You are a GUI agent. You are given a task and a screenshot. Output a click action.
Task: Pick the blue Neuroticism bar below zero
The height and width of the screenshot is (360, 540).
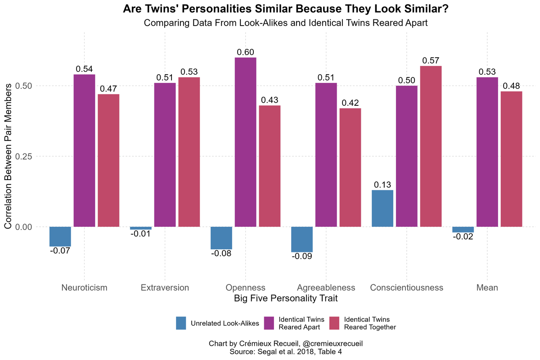click(x=60, y=236)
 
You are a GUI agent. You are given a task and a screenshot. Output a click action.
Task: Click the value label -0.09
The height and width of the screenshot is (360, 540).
click(x=302, y=256)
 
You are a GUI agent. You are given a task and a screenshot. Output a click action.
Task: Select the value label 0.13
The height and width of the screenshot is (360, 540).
click(x=382, y=184)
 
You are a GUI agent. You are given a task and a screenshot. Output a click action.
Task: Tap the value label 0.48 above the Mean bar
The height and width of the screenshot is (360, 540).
click(x=511, y=86)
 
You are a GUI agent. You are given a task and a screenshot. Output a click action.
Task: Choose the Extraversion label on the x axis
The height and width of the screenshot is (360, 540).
click(x=165, y=288)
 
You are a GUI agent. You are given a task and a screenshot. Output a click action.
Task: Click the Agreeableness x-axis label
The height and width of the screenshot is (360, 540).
click(x=326, y=288)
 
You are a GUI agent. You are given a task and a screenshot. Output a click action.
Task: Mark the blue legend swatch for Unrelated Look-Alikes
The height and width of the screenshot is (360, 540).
click(x=181, y=323)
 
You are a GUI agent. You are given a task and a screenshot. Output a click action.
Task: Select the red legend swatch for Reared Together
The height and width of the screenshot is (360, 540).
click(x=334, y=323)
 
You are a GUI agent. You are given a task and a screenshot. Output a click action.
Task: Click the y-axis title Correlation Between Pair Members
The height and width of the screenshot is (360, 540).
click(x=9, y=156)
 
